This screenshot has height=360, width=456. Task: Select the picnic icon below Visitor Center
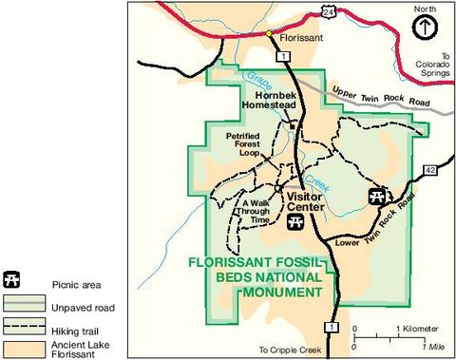tap(295, 222)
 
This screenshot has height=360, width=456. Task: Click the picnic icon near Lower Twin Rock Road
tap(376, 196)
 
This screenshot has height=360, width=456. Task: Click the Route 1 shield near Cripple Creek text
tap(331, 328)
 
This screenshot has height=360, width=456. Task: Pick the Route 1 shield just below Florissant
tap(283, 58)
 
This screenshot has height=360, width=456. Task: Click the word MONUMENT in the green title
tap(281, 293)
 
